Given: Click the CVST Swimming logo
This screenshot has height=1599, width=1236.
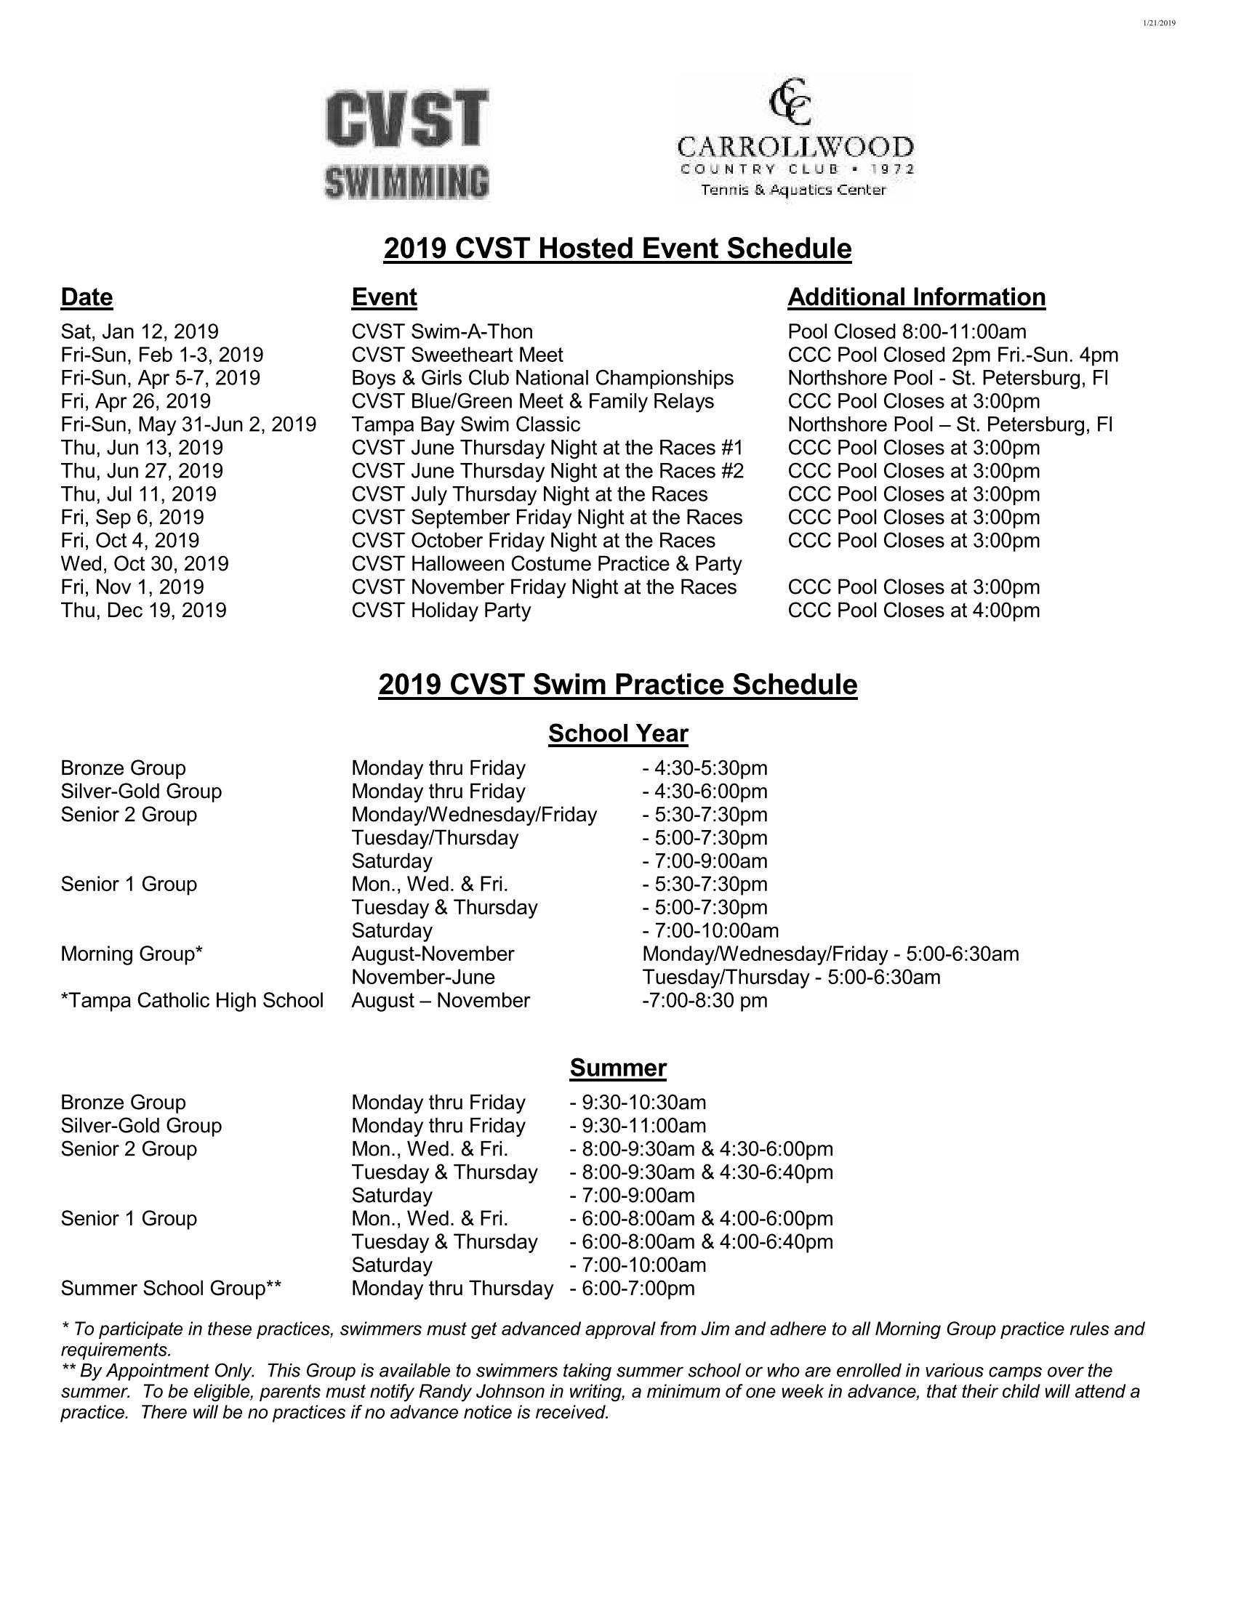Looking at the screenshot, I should (x=407, y=144).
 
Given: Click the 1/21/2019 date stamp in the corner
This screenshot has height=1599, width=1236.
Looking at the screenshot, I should (x=1158, y=23).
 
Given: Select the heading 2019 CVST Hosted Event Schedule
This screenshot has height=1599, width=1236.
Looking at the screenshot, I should (x=617, y=249).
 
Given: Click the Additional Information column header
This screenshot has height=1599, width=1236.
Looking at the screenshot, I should (x=916, y=297).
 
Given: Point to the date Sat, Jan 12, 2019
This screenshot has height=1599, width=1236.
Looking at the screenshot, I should (x=139, y=331).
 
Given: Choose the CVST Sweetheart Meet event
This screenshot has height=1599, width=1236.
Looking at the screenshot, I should (x=457, y=355).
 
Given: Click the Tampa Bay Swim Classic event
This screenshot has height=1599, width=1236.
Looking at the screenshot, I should (x=466, y=424).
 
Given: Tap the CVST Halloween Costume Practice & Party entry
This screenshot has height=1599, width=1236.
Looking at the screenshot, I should (x=546, y=564).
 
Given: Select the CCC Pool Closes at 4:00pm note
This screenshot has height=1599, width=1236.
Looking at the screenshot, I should (x=913, y=610).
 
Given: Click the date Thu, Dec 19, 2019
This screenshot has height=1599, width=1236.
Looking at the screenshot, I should (x=143, y=610).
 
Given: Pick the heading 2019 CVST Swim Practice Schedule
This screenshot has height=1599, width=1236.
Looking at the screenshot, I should (x=617, y=685).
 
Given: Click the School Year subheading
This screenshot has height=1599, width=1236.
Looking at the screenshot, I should (x=618, y=733).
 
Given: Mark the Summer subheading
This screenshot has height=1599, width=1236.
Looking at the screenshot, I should (x=618, y=1068).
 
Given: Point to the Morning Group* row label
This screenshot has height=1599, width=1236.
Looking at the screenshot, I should (x=132, y=954).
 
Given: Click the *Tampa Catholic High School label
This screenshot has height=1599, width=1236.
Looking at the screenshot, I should (x=192, y=1000).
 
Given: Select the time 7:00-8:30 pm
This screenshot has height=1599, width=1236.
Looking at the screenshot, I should (x=705, y=1000).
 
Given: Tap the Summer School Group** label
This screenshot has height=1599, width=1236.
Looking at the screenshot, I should (x=172, y=1289).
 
